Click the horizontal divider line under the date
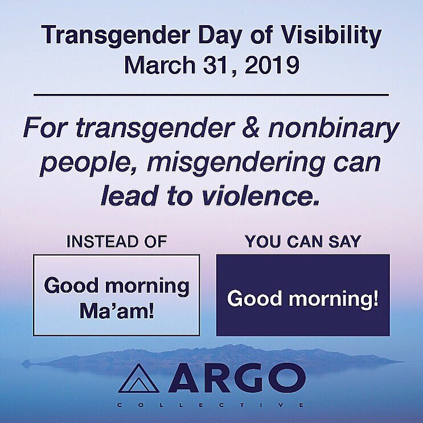tap(211, 94)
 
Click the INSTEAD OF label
tap(117, 241)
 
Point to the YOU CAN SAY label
tap(302, 241)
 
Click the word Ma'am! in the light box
tap(117, 311)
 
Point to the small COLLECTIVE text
tap(211, 405)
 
